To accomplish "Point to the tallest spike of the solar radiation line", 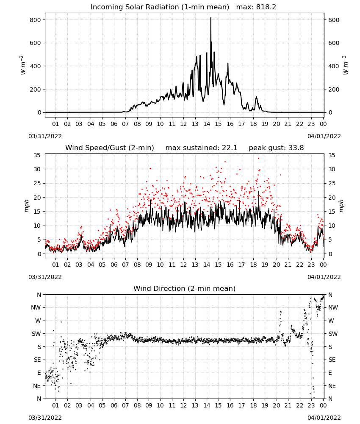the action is (x=210, y=18).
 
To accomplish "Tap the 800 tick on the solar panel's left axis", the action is (x=36, y=20).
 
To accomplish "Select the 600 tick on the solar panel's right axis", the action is (x=334, y=43).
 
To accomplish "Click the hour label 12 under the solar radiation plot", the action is (x=183, y=124).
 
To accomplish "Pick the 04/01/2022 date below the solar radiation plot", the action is (x=324, y=136).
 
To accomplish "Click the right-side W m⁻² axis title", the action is (x=346, y=65).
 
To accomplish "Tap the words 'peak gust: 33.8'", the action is (x=276, y=148).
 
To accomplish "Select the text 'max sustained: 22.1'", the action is (x=201, y=148).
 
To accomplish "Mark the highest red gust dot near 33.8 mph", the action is (x=258, y=159).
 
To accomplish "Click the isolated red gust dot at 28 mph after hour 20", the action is (x=281, y=175).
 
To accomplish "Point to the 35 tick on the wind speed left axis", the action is (x=37, y=155).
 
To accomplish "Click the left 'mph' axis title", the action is (x=26, y=206).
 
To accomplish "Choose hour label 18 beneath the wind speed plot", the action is (x=253, y=265).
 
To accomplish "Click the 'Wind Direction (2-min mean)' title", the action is (x=185, y=288).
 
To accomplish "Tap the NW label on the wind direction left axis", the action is (x=36, y=308).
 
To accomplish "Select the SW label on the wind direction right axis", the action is (x=333, y=334).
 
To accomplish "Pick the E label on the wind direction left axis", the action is (x=39, y=373).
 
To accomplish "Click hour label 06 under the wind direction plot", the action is (x=114, y=405).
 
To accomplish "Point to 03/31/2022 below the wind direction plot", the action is (x=45, y=418).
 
